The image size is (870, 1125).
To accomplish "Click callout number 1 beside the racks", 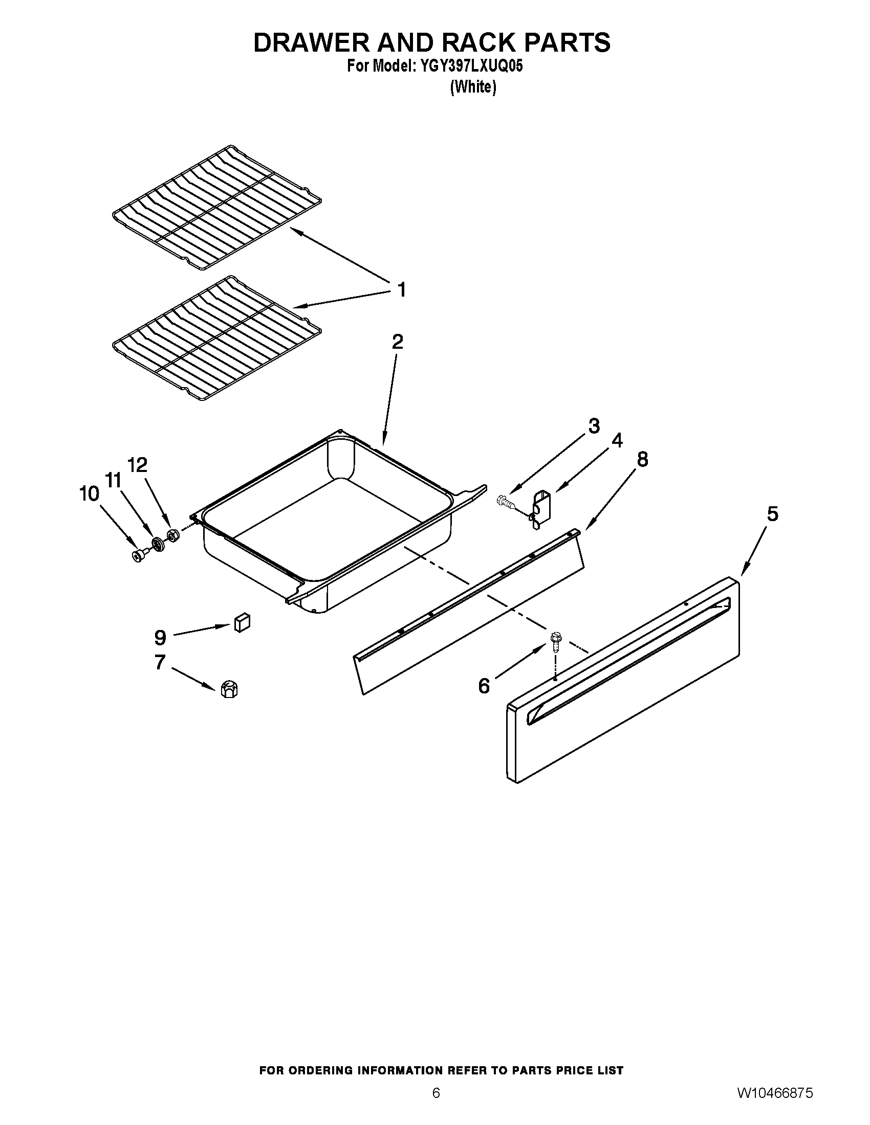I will (402, 289).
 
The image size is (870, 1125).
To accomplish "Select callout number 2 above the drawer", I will (397, 342).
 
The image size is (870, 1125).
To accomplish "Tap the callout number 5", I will (772, 513).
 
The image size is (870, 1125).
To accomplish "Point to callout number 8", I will (642, 459).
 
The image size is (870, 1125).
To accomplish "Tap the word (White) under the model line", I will (473, 87).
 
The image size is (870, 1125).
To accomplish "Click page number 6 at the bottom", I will (436, 1105).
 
